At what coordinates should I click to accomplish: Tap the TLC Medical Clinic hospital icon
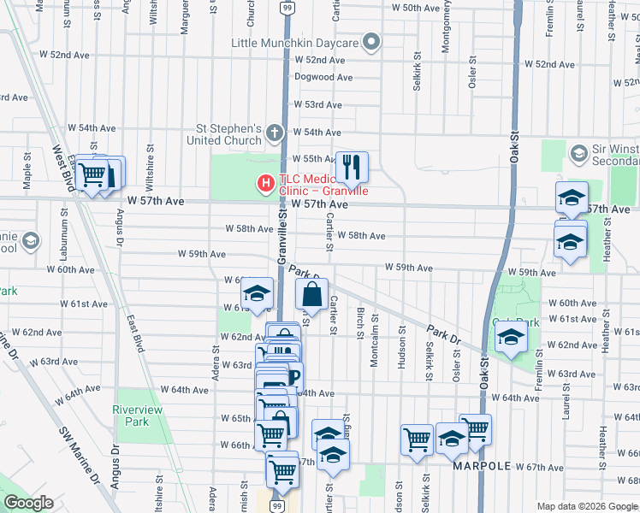[266, 182]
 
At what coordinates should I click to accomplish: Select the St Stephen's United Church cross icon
[274, 133]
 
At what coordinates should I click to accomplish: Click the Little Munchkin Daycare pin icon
[370, 42]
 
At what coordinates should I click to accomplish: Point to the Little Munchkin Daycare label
[293, 43]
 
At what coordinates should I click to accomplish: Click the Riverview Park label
[137, 416]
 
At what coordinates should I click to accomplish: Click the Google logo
[28, 503]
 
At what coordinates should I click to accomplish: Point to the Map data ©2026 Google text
[587, 506]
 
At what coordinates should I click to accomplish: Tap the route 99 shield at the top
[287, 8]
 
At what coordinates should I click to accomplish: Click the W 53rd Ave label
[317, 104]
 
